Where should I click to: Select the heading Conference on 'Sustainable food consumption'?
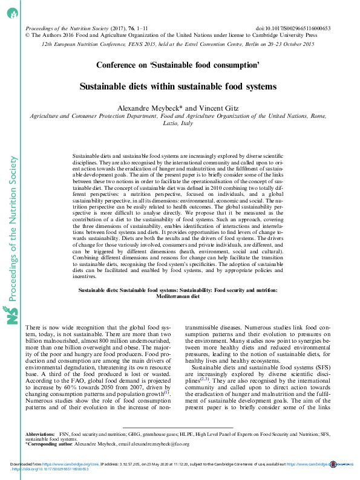click(x=178, y=64)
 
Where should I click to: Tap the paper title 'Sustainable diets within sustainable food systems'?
click(x=178, y=86)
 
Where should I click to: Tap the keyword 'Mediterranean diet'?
click(x=178, y=297)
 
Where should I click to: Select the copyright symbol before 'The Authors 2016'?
click(x=27, y=35)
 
